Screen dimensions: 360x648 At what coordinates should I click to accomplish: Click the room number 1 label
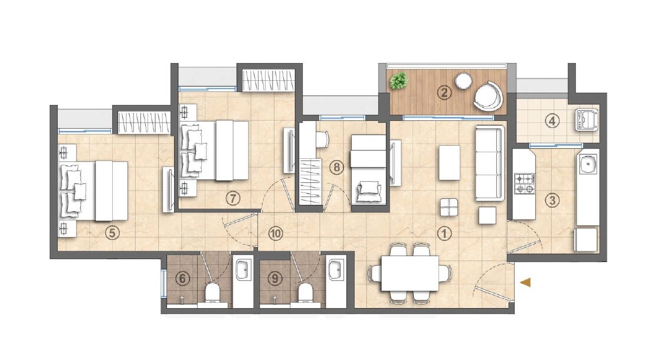click(444, 233)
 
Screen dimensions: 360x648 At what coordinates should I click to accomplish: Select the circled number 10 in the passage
click(275, 233)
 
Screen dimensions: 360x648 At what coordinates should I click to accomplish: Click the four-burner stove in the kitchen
click(523, 183)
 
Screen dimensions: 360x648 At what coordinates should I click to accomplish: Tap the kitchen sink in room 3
click(587, 164)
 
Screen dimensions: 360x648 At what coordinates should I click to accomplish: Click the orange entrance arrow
click(525, 283)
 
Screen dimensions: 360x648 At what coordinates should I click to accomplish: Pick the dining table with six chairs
click(410, 273)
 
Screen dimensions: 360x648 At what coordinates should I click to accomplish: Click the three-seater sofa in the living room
click(490, 163)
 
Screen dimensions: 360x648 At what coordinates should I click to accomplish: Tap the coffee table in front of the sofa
click(450, 162)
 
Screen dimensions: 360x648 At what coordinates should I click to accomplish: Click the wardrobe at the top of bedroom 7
click(268, 80)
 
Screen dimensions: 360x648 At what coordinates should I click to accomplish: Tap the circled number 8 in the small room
click(336, 167)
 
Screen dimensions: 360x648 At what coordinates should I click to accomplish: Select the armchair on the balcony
click(489, 96)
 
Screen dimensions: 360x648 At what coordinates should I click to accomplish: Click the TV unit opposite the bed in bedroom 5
click(168, 188)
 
